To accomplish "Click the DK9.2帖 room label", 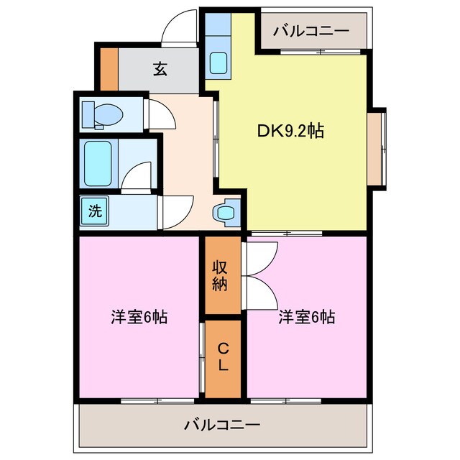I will (290, 131).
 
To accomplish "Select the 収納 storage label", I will (220, 275).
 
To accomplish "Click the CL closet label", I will (224, 357).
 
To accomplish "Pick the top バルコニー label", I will (312, 31).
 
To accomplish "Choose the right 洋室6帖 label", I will (308, 317).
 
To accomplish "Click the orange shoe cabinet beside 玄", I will (109, 69).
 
